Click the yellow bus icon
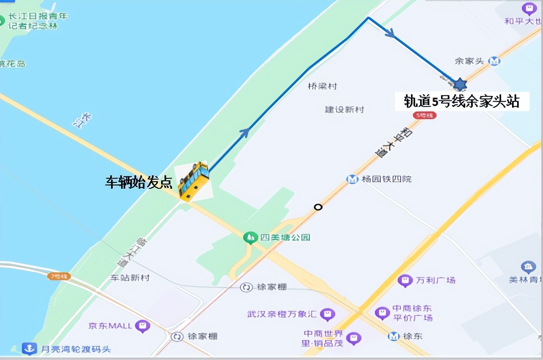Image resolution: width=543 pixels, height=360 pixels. [x=193, y=181]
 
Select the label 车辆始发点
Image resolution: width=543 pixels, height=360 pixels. [x=138, y=183]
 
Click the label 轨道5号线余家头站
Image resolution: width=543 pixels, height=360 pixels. [x=462, y=101]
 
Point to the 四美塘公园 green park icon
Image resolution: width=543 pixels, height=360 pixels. [x=250, y=238]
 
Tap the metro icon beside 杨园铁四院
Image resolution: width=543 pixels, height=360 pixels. [x=353, y=179]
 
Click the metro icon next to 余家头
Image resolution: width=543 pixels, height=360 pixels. [x=495, y=61]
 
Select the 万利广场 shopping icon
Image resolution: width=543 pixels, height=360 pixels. [x=404, y=280]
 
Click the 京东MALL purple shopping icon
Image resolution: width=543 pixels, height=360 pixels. [x=143, y=326]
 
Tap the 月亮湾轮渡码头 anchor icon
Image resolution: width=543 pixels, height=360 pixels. [x=29, y=348]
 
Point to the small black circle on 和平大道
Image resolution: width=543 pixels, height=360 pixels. [x=318, y=207]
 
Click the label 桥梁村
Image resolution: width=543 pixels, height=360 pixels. [x=322, y=86]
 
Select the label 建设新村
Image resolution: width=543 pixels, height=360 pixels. [x=344, y=109]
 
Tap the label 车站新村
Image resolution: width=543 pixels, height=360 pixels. [x=129, y=277]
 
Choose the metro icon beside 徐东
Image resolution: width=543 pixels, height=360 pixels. [x=393, y=336]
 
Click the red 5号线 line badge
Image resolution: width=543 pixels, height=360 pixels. [x=424, y=115]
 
